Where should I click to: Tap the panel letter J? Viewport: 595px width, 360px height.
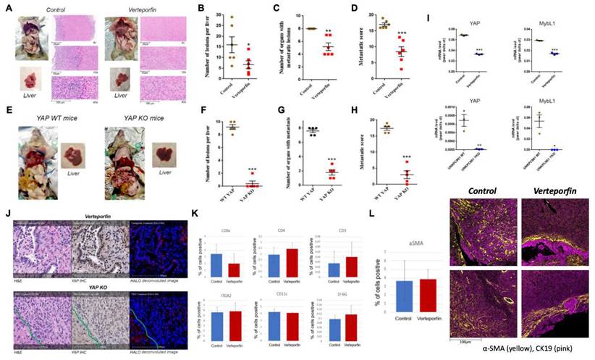[x=7, y=214]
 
